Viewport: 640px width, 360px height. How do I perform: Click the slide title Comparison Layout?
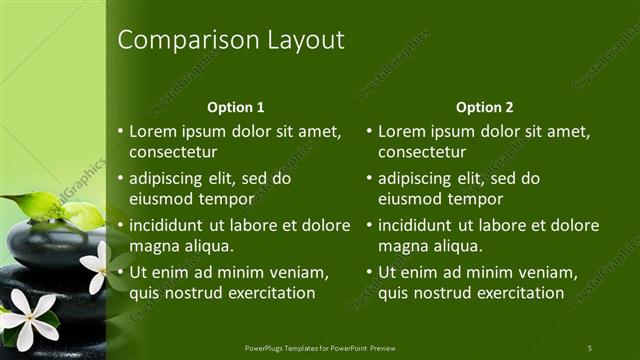[231, 40]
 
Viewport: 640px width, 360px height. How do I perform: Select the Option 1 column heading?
[236, 107]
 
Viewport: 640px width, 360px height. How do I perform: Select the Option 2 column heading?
[486, 107]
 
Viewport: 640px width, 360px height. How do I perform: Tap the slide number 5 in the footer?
[589, 347]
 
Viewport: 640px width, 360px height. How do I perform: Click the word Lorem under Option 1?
[156, 131]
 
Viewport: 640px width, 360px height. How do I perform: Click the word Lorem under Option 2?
[405, 131]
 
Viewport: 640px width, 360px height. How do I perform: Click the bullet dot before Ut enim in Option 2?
[370, 272]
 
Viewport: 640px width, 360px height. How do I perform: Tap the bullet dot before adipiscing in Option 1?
[121, 178]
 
